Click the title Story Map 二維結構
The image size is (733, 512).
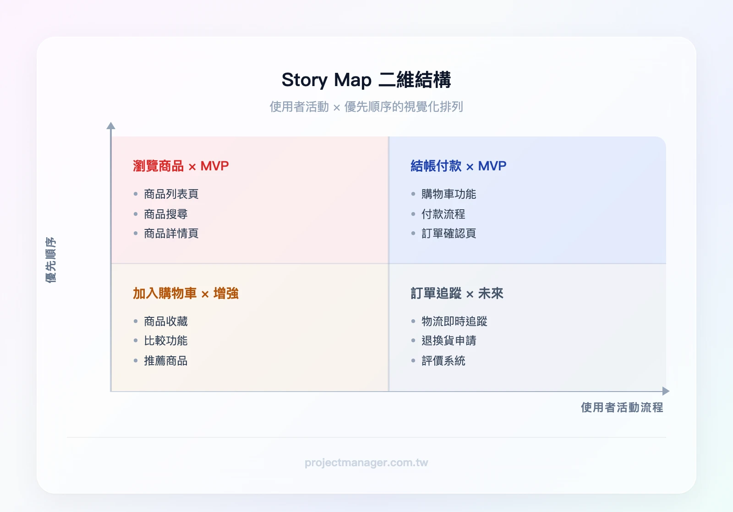tap(366, 80)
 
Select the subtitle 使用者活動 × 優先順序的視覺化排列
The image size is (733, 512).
tap(366, 107)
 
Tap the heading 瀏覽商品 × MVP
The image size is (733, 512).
tap(181, 166)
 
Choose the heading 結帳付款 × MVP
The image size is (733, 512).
tap(458, 166)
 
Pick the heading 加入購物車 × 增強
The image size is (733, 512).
tap(186, 293)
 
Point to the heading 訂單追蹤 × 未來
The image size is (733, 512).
tap(457, 293)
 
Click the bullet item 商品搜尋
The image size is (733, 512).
tap(165, 214)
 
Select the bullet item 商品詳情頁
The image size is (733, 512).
tap(171, 234)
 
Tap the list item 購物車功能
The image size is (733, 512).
tap(449, 194)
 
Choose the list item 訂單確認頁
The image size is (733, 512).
tap(449, 234)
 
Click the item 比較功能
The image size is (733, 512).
tap(165, 341)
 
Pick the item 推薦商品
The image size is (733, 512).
tap(165, 361)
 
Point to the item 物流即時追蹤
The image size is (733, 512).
tap(454, 321)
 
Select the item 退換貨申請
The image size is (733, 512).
tap(449, 341)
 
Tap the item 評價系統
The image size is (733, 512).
tap(443, 361)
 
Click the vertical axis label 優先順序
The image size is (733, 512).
tap(51, 260)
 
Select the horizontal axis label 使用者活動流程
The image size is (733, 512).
tap(622, 408)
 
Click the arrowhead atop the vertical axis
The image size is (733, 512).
tap(111, 125)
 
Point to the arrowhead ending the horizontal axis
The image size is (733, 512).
tap(666, 391)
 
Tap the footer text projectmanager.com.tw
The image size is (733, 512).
tap(366, 463)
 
